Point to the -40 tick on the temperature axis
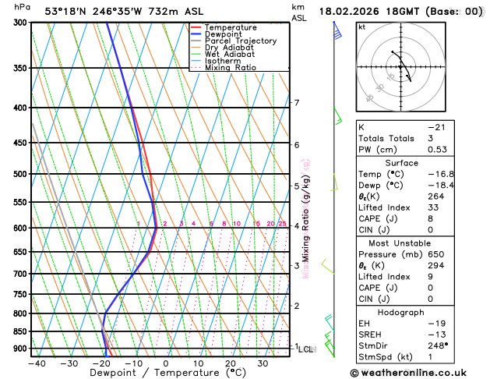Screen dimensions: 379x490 click(37, 363)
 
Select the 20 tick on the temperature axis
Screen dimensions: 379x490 click(231, 363)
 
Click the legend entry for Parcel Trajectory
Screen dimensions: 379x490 click(241, 41)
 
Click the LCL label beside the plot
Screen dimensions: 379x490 click(306, 349)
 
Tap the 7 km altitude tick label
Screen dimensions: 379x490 click(297, 103)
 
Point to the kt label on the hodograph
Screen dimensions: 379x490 click(361, 27)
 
